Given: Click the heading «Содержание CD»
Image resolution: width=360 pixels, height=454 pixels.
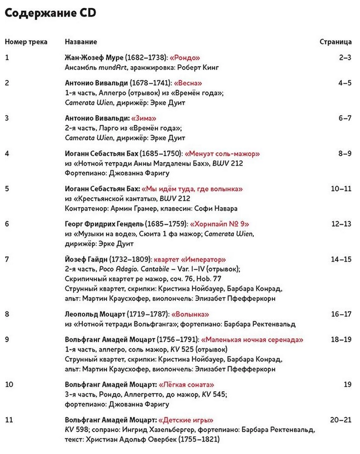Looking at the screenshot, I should (x=50, y=14).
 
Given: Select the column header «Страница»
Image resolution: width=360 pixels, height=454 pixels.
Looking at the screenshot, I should (x=336, y=42).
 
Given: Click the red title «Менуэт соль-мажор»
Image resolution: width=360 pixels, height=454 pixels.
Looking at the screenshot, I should (x=222, y=153).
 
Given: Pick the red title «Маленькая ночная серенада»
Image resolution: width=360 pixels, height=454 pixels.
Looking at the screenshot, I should (x=252, y=339).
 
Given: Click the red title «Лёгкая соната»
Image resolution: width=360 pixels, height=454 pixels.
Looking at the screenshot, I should (x=187, y=384).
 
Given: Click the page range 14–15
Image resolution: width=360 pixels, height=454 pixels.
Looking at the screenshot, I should (x=341, y=259).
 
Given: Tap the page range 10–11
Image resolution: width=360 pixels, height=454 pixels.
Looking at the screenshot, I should (x=341, y=189).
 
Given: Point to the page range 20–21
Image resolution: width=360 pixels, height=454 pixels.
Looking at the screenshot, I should (x=341, y=420).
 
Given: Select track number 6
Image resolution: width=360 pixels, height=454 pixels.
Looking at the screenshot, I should (x=7, y=224).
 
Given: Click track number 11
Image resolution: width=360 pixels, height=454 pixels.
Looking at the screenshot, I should (x=8, y=420).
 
